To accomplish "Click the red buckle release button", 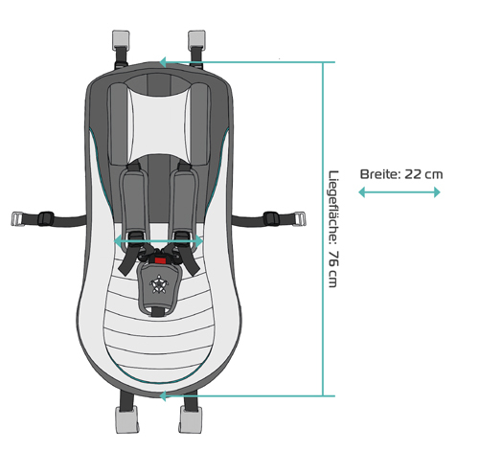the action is click(160, 260).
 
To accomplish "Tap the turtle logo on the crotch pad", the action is click(159, 283).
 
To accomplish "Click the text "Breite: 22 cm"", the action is click(401, 174).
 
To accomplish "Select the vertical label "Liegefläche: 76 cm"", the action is click(333, 229).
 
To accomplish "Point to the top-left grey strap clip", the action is click(121, 40).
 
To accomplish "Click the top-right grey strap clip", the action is click(196, 40).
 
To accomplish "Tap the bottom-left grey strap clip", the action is click(127, 418).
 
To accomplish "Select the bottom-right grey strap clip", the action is click(191, 418).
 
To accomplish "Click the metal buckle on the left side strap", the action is click(18, 219).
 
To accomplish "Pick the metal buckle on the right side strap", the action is click(299, 219).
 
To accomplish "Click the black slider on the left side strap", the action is click(46, 218).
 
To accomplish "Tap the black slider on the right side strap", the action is click(271, 218).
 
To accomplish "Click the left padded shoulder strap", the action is click(134, 201).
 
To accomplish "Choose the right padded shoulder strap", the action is click(185, 201).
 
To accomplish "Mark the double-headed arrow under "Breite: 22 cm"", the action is click(399, 192).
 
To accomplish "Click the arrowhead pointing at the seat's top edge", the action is click(163, 62).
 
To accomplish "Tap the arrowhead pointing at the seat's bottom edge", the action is click(163, 396).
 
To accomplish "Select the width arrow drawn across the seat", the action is click(158, 241).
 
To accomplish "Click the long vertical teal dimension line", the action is click(323, 229).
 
